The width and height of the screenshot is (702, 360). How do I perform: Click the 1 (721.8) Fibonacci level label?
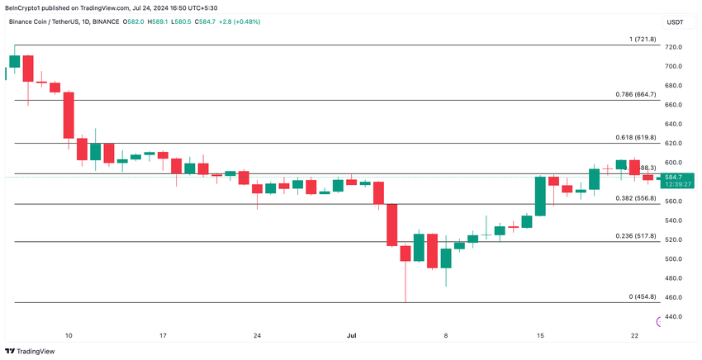pyautogui.click(x=642, y=39)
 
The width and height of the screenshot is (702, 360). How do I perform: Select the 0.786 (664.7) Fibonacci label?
pyautogui.click(x=636, y=94)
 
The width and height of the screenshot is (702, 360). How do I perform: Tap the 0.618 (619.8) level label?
pyautogui.click(x=636, y=137)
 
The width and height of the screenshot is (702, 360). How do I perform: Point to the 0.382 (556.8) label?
pyautogui.click(x=636, y=198)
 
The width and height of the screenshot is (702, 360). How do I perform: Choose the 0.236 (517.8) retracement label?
pyautogui.click(x=636, y=236)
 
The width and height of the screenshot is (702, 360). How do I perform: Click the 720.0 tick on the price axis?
pyautogui.click(x=673, y=47)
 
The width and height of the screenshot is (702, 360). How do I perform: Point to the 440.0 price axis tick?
pyautogui.click(x=673, y=317)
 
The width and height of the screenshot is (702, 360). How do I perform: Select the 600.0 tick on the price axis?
pyautogui.click(x=673, y=163)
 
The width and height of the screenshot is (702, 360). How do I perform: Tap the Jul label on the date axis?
pyautogui.click(x=352, y=336)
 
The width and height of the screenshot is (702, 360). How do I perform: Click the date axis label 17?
pyautogui.click(x=163, y=336)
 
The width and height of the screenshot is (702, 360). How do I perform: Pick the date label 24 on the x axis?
pyautogui.click(x=258, y=336)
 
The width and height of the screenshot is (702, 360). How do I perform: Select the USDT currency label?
pyautogui.click(x=675, y=22)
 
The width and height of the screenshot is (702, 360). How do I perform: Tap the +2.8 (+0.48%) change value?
pyautogui.click(x=240, y=21)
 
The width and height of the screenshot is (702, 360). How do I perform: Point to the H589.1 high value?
pyautogui.click(x=158, y=21)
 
